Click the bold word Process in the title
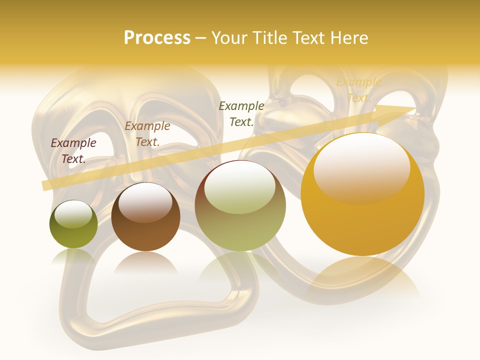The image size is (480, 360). click(157, 38)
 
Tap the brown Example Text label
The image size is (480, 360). click(147, 134)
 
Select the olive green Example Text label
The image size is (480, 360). click(241, 113)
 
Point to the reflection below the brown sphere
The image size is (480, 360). click(146, 262)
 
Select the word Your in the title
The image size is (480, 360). click(228, 38)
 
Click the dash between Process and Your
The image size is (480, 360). click(201, 38)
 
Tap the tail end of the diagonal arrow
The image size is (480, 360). click(45, 185)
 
